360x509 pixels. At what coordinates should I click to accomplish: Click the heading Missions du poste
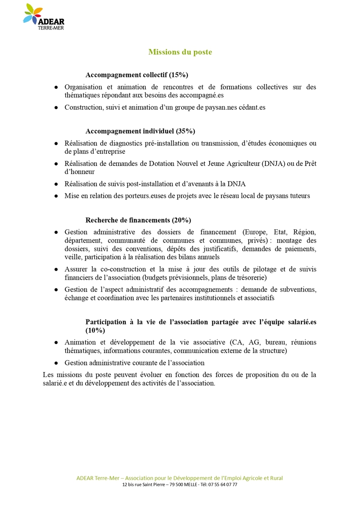pos(180,52)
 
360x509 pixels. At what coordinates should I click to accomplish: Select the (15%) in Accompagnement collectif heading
pos(179,75)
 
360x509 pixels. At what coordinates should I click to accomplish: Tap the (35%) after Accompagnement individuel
pos(185,131)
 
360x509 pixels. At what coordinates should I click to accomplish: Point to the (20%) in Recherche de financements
pos(182,220)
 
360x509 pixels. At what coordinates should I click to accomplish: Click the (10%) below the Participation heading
pos(95,330)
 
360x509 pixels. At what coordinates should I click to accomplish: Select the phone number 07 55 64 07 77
pos(222,485)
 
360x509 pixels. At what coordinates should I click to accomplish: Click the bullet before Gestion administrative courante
pos(56,363)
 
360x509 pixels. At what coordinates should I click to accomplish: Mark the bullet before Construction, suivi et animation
pos(56,107)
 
